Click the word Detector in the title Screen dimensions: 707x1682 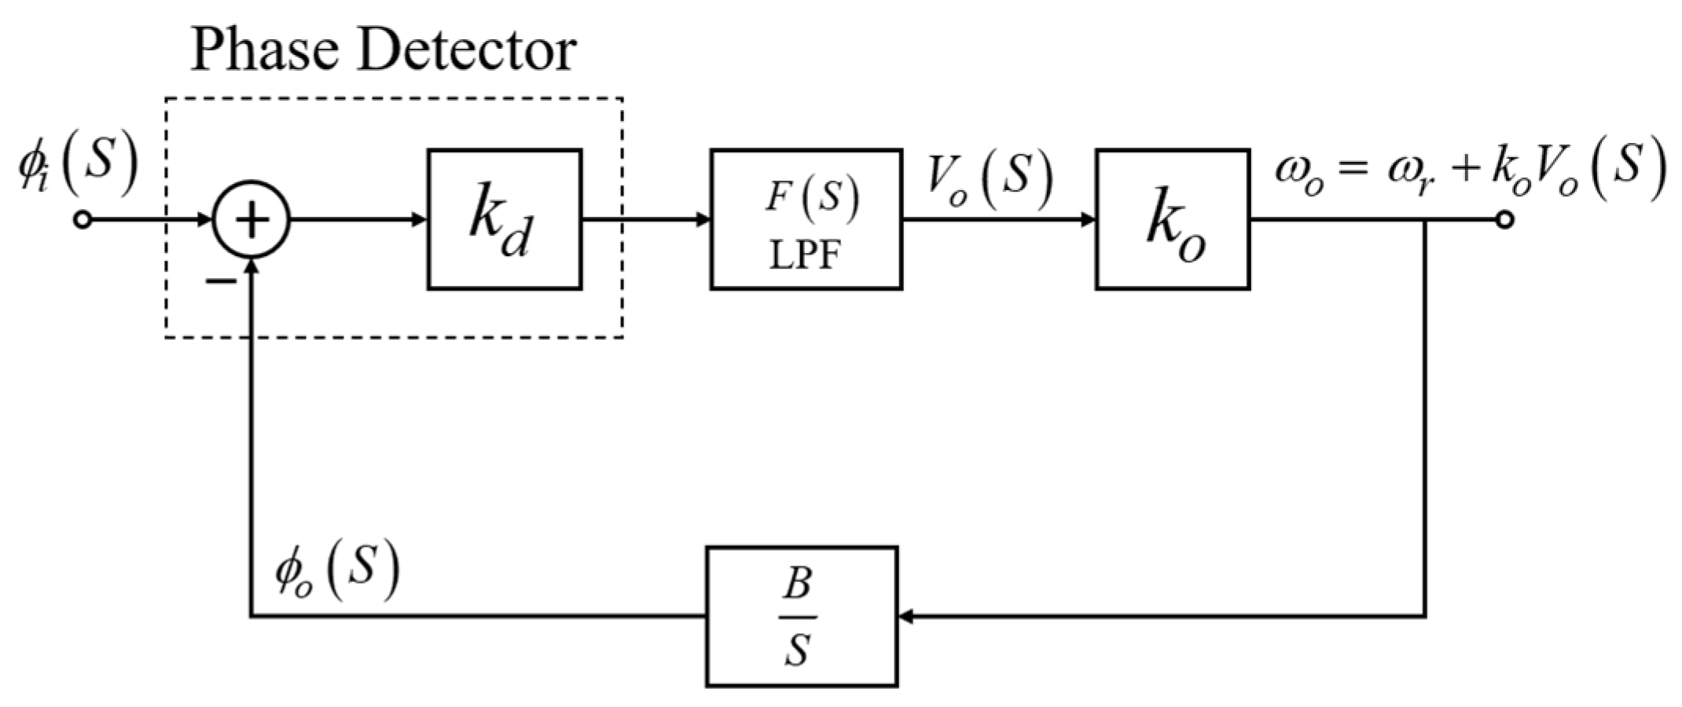[x=467, y=50]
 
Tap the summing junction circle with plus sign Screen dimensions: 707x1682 [x=252, y=220]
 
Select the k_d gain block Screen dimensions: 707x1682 [x=505, y=220]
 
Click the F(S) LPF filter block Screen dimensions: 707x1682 [x=806, y=220]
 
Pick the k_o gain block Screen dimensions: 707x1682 [x=1173, y=220]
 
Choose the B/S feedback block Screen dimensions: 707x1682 [x=801, y=617]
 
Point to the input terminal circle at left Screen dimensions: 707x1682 [x=83, y=220]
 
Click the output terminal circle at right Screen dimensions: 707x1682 [x=1504, y=220]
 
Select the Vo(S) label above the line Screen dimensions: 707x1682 [x=989, y=181]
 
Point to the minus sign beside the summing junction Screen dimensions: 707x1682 [x=221, y=280]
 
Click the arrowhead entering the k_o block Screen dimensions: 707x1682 [x=1088, y=220]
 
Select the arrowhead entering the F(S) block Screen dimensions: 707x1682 [x=703, y=220]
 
